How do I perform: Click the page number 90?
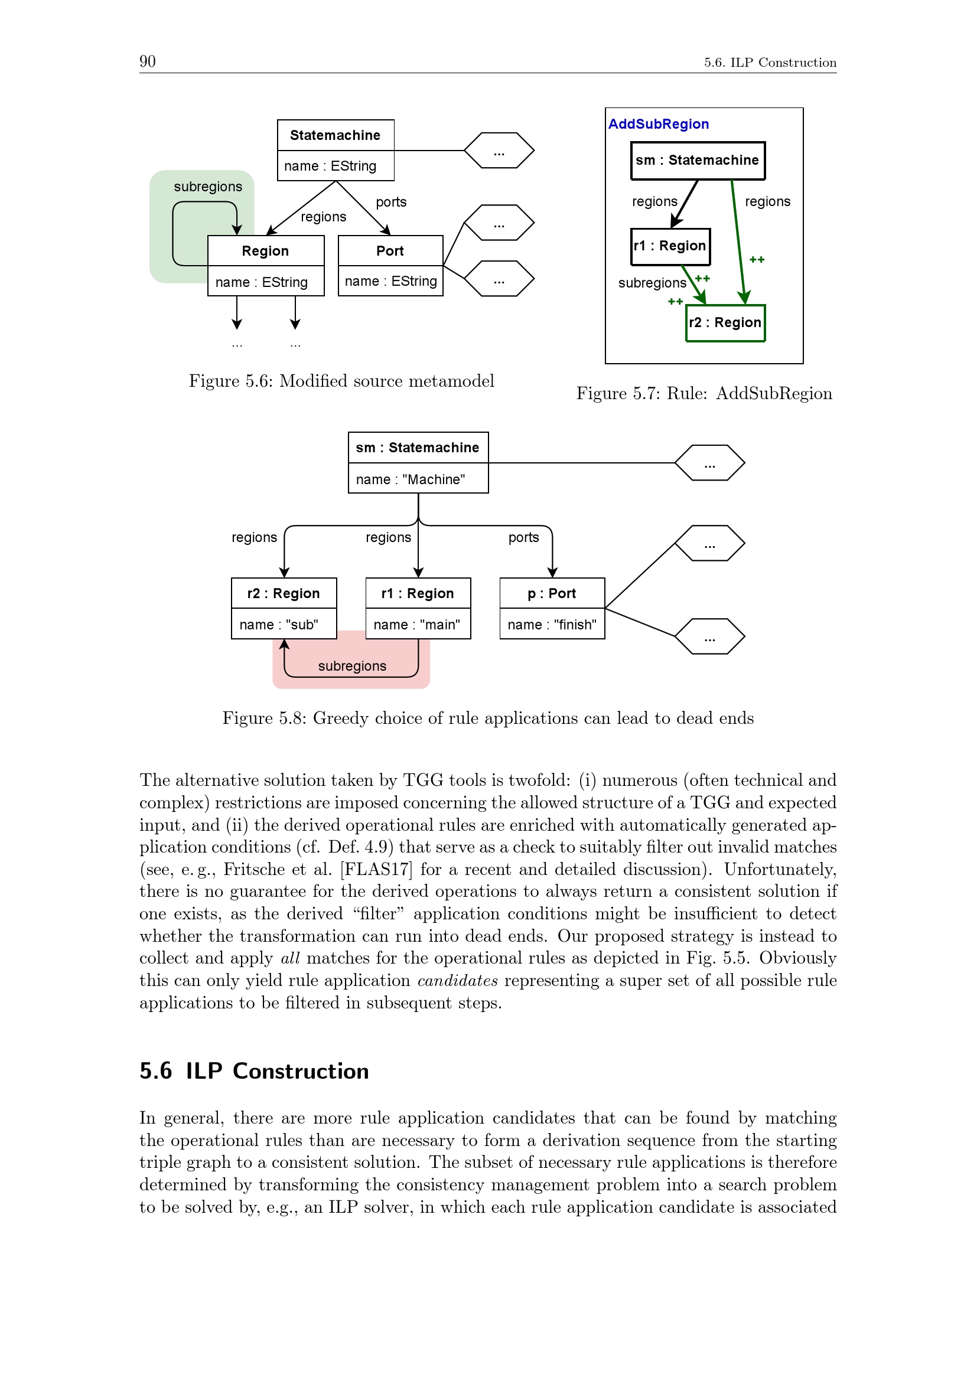[148, 61]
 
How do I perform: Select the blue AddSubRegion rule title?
[658, 124]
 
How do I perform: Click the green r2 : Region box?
[725, 323]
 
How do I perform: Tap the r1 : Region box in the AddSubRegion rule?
[670, 246]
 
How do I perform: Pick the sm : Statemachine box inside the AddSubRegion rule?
[697, 161]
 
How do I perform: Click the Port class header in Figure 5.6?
[390, 251]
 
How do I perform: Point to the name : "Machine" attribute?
[411, 479]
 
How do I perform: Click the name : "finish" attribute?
[552, 625]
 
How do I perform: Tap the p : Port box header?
[552, 593]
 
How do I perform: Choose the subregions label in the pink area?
[352, 666]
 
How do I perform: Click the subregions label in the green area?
[207, 187]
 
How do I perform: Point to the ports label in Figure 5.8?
[523, 537]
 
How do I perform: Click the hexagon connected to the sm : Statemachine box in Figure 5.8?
[709, 463]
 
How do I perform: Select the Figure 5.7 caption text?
[704, 393]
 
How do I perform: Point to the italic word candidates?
[457, 981]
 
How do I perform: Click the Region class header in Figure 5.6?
[265, 251]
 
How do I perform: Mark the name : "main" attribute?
[417, 625]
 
